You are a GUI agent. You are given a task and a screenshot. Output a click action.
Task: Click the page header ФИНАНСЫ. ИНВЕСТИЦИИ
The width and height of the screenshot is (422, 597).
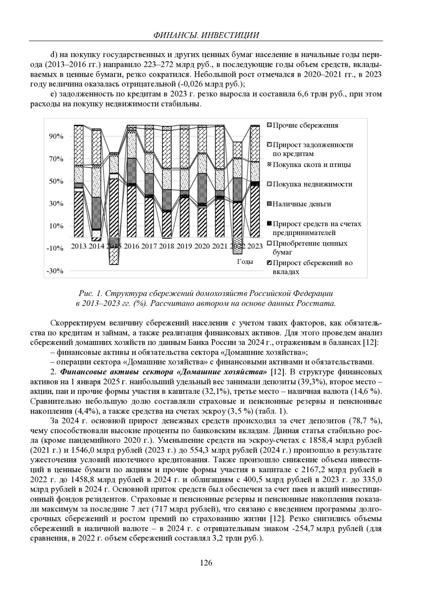point(206,35)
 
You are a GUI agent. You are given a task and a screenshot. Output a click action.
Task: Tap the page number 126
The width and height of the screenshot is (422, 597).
point(206,563)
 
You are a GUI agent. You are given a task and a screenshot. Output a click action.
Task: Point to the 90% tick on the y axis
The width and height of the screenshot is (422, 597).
point(56,136)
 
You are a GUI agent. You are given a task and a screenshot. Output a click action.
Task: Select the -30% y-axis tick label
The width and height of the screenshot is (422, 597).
point(55,271)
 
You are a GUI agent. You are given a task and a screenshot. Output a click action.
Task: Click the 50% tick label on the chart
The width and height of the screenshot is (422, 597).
point(56,181)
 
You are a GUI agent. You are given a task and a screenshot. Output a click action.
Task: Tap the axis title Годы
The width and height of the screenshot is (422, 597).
point(245,262)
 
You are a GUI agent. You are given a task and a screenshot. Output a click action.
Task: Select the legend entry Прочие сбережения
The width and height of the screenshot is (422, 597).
point(306,126)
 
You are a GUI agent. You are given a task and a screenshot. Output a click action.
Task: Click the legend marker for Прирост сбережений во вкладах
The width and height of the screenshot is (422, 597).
point(270,263)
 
